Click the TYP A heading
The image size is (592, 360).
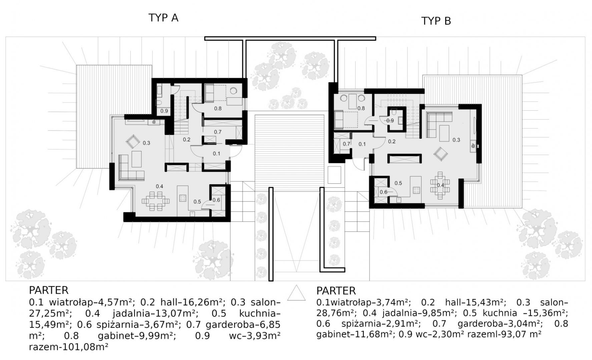[x=163, y=18]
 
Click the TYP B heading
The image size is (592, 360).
[x=436, y=21]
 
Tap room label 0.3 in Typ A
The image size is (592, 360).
[x=146, y=143]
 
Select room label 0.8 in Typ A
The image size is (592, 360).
[x=218, y=108]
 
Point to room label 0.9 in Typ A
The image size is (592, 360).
[x=164, y=111]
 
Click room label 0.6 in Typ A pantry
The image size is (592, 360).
[x=216, y=200]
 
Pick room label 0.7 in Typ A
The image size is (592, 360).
[x=218, y=132]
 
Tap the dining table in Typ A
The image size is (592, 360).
[x=156, y=201]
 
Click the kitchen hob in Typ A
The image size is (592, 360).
[x=183, y=198]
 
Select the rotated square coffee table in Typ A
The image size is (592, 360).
[x=133, y=141]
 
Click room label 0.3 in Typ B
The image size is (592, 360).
[x=456, y=140]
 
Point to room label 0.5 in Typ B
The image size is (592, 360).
[x=398, y=183]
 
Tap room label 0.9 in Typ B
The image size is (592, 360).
[x=390, y=121]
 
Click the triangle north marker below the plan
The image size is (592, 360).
[x=297, y=293]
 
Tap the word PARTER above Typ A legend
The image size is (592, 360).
[x=49, y=290]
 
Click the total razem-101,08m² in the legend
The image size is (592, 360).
[x=69, y=347]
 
